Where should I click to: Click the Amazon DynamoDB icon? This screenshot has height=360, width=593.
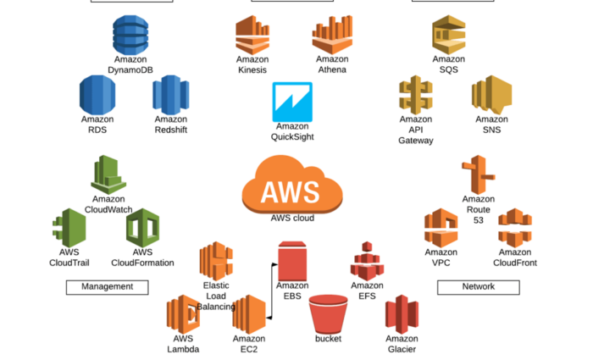130,35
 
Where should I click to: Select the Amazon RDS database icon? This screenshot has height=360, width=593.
97,94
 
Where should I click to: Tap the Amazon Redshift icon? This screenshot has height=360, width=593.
170,94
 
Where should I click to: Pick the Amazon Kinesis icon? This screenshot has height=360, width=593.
252,35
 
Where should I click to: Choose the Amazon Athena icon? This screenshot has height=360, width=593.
331,35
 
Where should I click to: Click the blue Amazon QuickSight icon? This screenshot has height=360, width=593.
292,102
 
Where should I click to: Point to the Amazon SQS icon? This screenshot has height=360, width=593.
448,35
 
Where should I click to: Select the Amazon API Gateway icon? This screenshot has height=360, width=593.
415,94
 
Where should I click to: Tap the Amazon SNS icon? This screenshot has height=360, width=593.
491,94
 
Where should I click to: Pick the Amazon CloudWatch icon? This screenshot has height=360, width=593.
108,174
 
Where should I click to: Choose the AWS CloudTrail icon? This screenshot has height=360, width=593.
69,228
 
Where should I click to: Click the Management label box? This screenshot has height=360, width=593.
107,287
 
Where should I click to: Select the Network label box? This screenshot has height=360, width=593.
478,287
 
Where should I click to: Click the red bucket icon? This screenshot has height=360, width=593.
329,314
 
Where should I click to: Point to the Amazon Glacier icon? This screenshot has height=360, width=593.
402,314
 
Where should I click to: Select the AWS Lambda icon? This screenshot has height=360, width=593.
183,314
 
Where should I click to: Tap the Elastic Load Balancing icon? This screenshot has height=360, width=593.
216,261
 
